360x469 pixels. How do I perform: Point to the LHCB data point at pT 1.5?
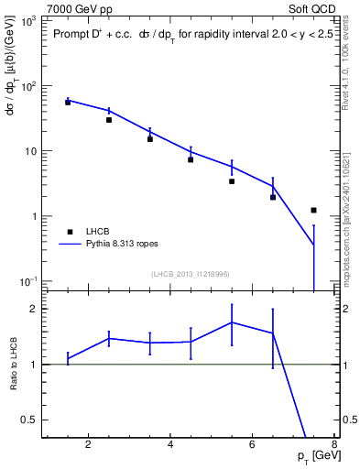pyautogui.click(x=68, y=102)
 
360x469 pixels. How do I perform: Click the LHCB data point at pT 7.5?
pyautogui.click(x=314, y=210)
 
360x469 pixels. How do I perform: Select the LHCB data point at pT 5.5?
pyautogui.click(x=232, y=181)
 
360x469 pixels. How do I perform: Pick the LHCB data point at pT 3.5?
pyautogui.click(x=149, y=139)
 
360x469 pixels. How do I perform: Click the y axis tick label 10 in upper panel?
pyautogui.click(x=29, y=150)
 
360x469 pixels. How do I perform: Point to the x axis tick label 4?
pyautogui.click(x=172, y=446)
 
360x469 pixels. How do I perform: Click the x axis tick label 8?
pyautogui.click(x=335, y=446)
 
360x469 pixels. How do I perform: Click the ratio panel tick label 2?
pyautogui.click(x=32, y=309)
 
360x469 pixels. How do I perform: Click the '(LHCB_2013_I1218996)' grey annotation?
pyautogui.click(x=190, y=274)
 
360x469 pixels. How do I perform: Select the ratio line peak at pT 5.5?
pyautogui.click(x=232, y=322)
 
